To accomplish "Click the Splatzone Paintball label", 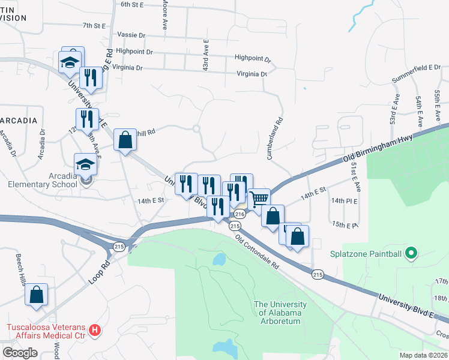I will point(366,253).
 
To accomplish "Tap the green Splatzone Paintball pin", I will point(411,253).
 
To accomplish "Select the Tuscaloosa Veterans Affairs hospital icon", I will point(94,329).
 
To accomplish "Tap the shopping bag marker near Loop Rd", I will point(37,295).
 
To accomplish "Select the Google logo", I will point(20,353).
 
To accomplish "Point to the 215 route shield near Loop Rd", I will point(118,247).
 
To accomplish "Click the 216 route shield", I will point(240,214).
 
